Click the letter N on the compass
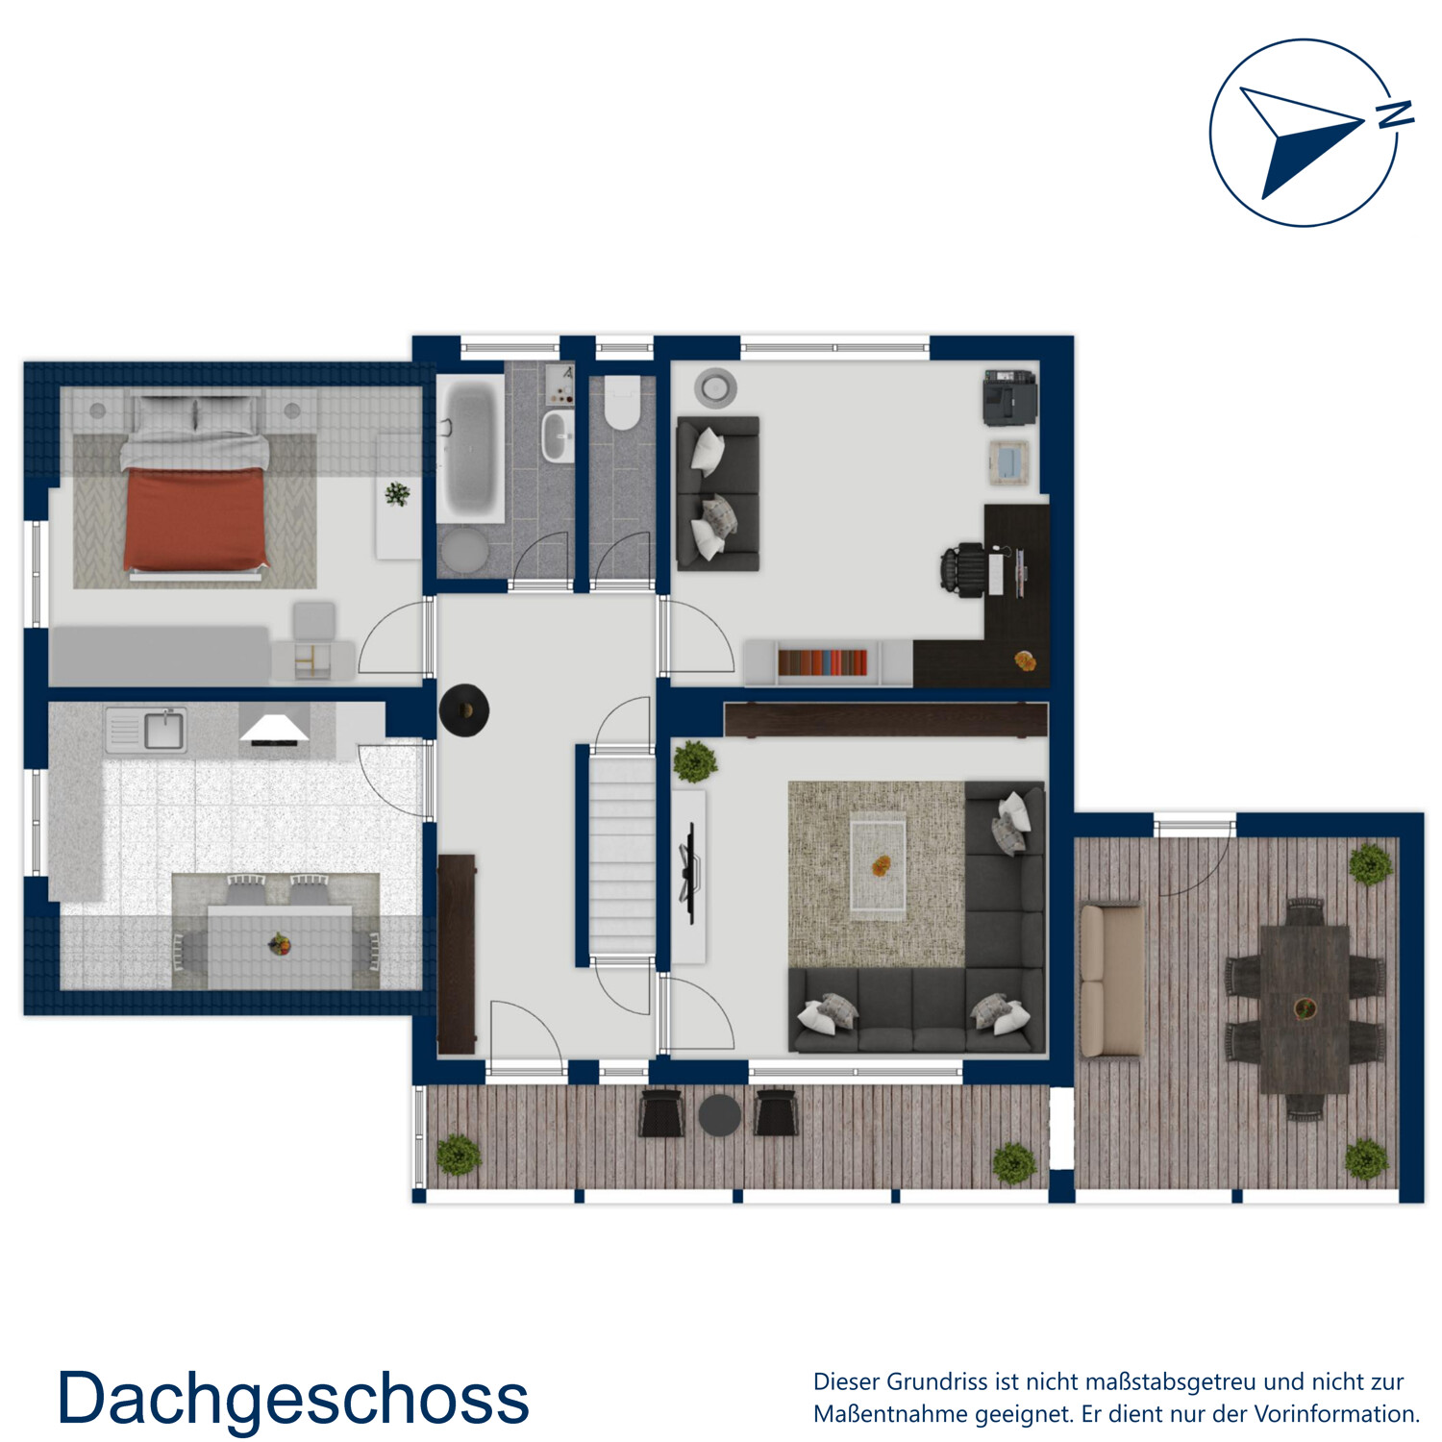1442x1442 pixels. coord(1395,114)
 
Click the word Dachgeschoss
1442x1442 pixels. coord(293,1399)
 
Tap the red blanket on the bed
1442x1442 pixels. coord(195,519)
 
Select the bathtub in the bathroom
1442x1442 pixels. coord(470,447)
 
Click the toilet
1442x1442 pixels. coord(622,403)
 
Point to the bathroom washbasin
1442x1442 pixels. coord(558,436)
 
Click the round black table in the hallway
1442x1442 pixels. coord(464,710)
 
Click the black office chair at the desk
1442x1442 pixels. coord(963,570)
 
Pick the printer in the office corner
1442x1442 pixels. coord(1009,397)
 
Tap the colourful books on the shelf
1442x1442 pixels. coord(822,662)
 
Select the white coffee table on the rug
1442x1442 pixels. coord(878,865)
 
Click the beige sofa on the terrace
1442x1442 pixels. coord(1111,981)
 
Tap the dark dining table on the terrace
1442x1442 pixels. coord(1305,1008)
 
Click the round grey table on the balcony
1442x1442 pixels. coord(719,1115)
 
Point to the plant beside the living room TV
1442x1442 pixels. coord(694,761)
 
